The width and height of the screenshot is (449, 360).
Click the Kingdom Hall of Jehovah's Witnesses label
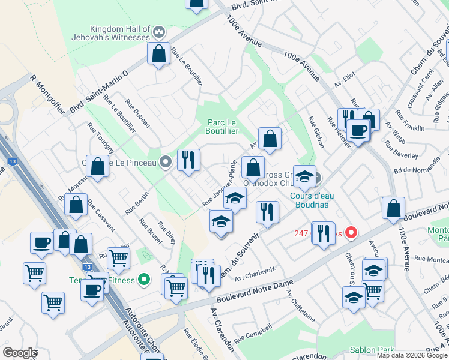pyautogui.click(x=119, y=33)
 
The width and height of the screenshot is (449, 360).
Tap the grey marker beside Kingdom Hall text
pyautogui.click(x=159, y=31)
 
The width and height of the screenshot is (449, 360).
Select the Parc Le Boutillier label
pyautogui.click(x=223, y=127)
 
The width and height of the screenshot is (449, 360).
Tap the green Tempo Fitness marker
pyautogui.click(x=143, y=279)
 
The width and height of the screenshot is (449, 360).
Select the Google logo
pyautogui.click(x=20, y=353)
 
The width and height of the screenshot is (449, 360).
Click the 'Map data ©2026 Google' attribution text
pyautogui.click(x=412, y=355)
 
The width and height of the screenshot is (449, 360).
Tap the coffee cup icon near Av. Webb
pyautogui.click(x=358, y=130)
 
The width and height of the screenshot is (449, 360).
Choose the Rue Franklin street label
pyautogui.click(x=410, y=121)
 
